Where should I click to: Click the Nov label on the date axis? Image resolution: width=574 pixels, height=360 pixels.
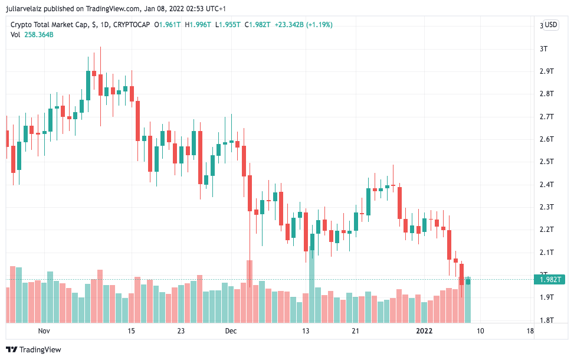[45, 331]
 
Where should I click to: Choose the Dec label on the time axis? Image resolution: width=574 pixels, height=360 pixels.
[231, 331]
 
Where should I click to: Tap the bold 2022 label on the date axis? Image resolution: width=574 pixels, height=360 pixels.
[424, 331]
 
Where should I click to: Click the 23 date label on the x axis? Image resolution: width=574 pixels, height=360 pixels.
[181, 331]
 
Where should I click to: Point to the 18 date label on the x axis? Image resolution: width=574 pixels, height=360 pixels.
[529, 331]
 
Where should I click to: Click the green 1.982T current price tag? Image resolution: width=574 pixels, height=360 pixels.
[549, 280]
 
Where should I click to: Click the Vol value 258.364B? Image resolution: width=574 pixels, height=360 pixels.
[39, 35]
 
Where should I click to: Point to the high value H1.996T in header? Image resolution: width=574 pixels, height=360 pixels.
[198, 25]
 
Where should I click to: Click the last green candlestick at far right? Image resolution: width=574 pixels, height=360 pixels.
[468, 281]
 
